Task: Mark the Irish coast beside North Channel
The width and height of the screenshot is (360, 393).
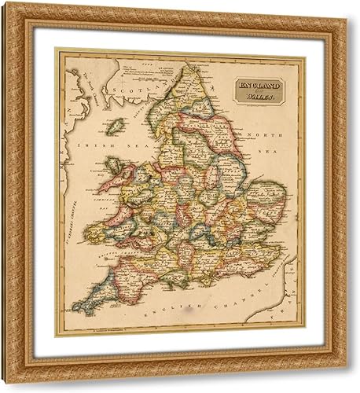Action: tap(71, 94)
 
